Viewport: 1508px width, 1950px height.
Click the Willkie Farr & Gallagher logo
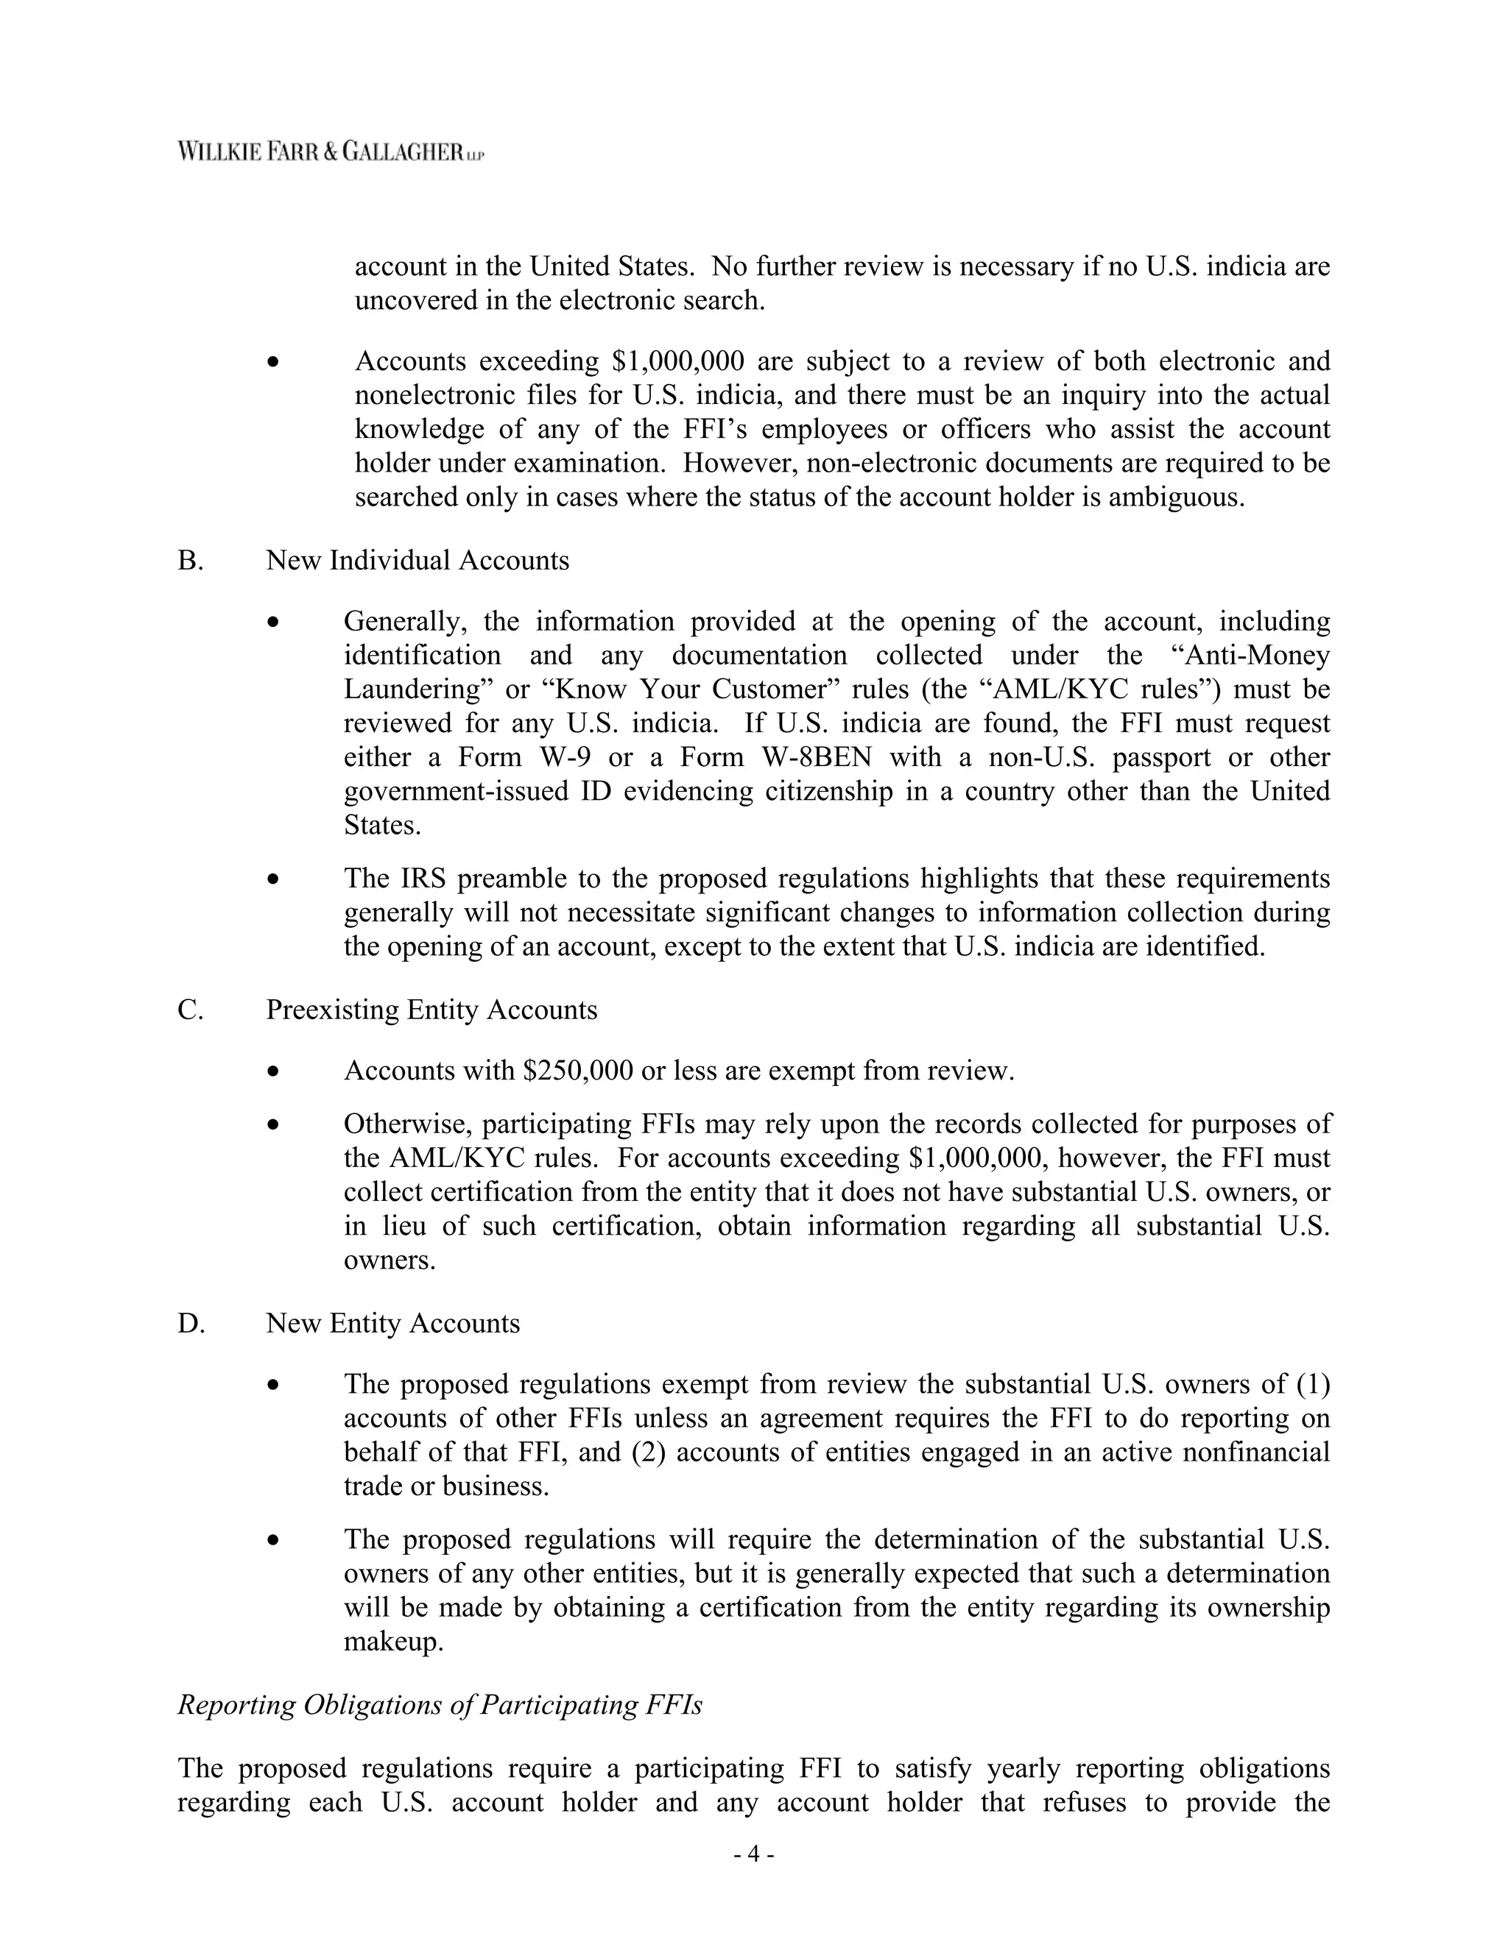click(331, 151)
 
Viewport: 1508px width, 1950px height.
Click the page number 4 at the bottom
click(753, 1854)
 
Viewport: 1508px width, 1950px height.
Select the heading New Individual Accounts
click(417, 561)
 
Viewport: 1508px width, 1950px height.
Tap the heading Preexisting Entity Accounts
click(431, 1010)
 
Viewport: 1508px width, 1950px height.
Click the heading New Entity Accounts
click(393, 1323)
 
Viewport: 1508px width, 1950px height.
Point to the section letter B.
click(190, 561)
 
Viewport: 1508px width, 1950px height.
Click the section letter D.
click(191, 1323)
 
